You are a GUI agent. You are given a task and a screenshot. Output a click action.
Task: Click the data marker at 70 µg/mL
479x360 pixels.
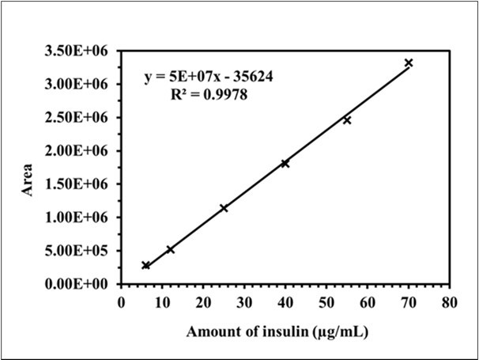point(409,63)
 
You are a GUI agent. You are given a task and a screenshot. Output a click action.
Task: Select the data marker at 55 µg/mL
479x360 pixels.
point(347,120)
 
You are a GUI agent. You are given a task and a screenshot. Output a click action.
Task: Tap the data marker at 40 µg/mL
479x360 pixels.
point(285,164)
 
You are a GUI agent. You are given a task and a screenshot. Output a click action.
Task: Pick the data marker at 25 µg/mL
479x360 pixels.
point(224,208)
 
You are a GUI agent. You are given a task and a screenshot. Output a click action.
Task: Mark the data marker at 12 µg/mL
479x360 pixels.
point(170,249)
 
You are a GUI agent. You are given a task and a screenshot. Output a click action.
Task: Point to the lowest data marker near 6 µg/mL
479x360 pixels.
point(145,265)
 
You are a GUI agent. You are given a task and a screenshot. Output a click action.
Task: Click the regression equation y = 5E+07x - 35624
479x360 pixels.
point(209,78)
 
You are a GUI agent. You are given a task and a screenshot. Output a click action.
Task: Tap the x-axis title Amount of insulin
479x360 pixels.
point(277,332)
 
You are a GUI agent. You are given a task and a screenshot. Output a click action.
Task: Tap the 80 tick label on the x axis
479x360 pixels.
point(450,301)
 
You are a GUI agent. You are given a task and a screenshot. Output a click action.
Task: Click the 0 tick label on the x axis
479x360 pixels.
point(121,301)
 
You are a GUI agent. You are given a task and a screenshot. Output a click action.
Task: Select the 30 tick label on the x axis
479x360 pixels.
point(244,301)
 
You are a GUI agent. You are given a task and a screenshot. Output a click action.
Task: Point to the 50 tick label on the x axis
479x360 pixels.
point(326,301)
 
